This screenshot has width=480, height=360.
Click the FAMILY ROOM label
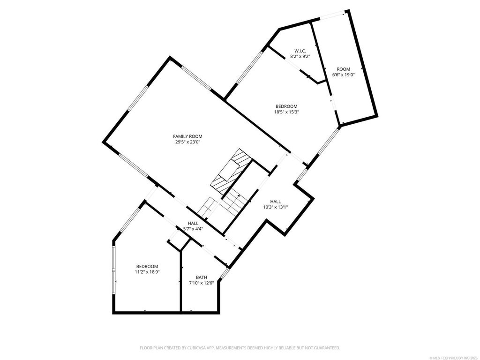pyautogui.click(x=187, y=136)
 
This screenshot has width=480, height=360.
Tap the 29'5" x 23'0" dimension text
pyautogui.click(x=187, y=142)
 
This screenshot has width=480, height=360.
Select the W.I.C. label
pyautogui.click(x=300, y=51)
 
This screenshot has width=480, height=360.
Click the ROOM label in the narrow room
pyautogui.click(x=343, y=69)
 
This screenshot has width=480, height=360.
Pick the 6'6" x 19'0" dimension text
pyautogui.click(x=343, y=75)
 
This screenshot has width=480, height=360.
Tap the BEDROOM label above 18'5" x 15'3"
pyautogui.click(x=286, y=106)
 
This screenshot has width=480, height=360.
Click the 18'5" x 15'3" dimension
pyautogui.click(x=286, y=112)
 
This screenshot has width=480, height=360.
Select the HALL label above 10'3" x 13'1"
pyautogui.click(x=276, y=202)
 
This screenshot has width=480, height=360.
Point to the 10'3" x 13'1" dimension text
pyautogui.click(x=276, y=207)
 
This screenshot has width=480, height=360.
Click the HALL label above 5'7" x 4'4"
pyautogui.click(x=193, y=224)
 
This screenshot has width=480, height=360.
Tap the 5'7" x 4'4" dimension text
pyautogui.click(x=193, y=229)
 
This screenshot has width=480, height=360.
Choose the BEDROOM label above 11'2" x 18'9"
pyautogui.click(x=147, y=267)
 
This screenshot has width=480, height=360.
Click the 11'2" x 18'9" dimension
pyautogui.click(x=147, y=272)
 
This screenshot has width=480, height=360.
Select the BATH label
pyautogui.click(x=202, y=277)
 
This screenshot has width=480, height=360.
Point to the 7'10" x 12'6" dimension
pyautogui.click(x=202, y=283)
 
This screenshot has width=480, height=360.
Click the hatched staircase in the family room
pyautogui.click(x=231, y=172)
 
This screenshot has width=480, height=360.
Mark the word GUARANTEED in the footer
pyautogui.click(x=328, y=348)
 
